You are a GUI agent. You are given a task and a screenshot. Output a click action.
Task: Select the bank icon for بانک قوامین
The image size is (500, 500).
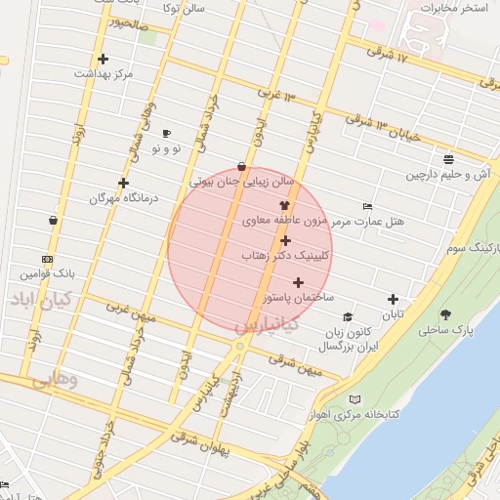(48, 259)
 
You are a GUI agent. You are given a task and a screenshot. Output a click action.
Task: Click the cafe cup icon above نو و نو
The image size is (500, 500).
(166, 134)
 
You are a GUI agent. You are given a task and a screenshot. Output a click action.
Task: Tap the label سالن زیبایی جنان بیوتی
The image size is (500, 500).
(240, 182)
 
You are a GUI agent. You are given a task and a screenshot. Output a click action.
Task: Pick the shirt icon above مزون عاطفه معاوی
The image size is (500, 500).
(284, 206)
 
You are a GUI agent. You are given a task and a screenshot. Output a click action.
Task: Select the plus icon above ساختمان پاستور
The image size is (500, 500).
(298, 282)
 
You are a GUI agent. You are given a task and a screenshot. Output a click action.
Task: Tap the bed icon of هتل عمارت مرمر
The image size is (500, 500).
(367, 207)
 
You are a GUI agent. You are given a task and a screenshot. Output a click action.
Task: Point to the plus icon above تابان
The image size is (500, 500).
(393, 299)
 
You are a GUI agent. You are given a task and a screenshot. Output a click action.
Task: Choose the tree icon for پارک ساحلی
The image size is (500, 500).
(446, 314)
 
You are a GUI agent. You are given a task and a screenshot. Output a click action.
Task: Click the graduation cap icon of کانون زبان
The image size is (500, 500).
(348, 316)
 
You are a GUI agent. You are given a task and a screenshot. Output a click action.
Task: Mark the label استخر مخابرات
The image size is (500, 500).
(454, 8)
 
